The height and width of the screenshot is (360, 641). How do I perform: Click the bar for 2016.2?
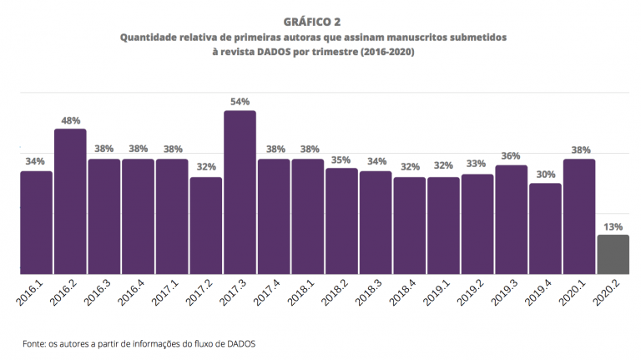point(70,200)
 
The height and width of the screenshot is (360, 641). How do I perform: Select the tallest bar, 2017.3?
point(240,192)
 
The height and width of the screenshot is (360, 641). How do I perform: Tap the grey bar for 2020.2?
point(613,254)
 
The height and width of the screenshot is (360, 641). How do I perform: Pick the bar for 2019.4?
point(545,228)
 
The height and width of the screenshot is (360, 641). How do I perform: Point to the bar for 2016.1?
point(36,222)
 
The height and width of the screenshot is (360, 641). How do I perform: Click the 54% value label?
point(240,102)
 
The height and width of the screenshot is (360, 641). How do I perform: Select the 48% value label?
point(70,120)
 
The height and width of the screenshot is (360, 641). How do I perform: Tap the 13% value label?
point(613,226)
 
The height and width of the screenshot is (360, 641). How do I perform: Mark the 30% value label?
point(545,175)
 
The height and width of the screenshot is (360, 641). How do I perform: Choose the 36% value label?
point(511,156)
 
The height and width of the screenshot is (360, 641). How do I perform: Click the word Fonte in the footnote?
point(36,342)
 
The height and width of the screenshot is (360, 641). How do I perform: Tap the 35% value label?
point(341,159)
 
